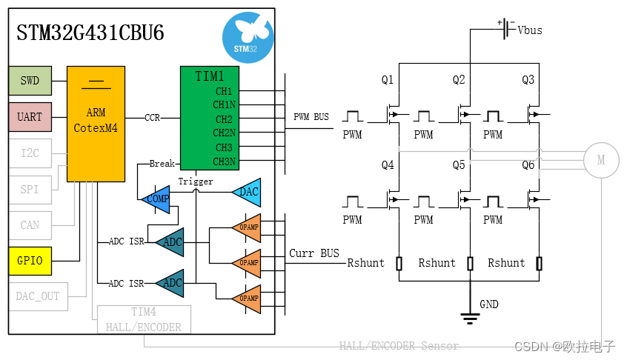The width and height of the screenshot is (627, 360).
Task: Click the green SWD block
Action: tap(30, 81)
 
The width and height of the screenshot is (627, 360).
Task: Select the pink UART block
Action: tap(30, 117)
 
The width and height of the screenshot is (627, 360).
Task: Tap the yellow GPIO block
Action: tap(30, 261)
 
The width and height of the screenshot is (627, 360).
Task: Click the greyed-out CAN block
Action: tap(30, 224)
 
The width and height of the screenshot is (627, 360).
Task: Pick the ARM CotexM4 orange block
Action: tap(95, 124)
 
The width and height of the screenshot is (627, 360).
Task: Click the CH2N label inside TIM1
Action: tap(224, 133)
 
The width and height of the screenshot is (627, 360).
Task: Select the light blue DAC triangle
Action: tap(248, 192)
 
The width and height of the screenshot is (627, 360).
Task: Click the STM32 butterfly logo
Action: tap(247, 36)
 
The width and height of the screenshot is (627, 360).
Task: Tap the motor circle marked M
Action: tap(601, 159)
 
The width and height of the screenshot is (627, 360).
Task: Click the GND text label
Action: tap(489, 304)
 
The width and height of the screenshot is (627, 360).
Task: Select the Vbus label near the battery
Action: tap(529, 30)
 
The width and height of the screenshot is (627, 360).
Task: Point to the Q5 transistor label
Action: tap(460, 165)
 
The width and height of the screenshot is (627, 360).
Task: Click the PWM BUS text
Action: tap(311, 117)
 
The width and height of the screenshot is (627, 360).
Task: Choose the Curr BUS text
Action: tap(314, 253)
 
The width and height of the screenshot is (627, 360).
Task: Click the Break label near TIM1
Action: tap(162, 164)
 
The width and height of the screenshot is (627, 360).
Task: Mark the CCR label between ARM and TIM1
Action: tap(152, 118)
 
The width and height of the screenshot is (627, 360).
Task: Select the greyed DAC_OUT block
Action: tap(38, 296)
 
